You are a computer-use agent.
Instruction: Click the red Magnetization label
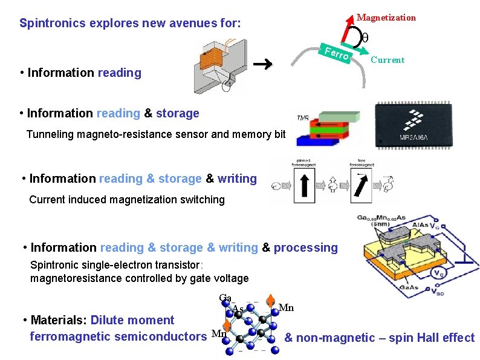[386, 18]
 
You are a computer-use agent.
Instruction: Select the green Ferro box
[336, 53]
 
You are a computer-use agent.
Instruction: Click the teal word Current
[388, 60]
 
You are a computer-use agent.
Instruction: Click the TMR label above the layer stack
[303, 117]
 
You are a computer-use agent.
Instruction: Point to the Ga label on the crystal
[225, 298]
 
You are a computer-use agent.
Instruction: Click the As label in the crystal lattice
[238, 309]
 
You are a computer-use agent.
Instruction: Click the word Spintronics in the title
[53, 24]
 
